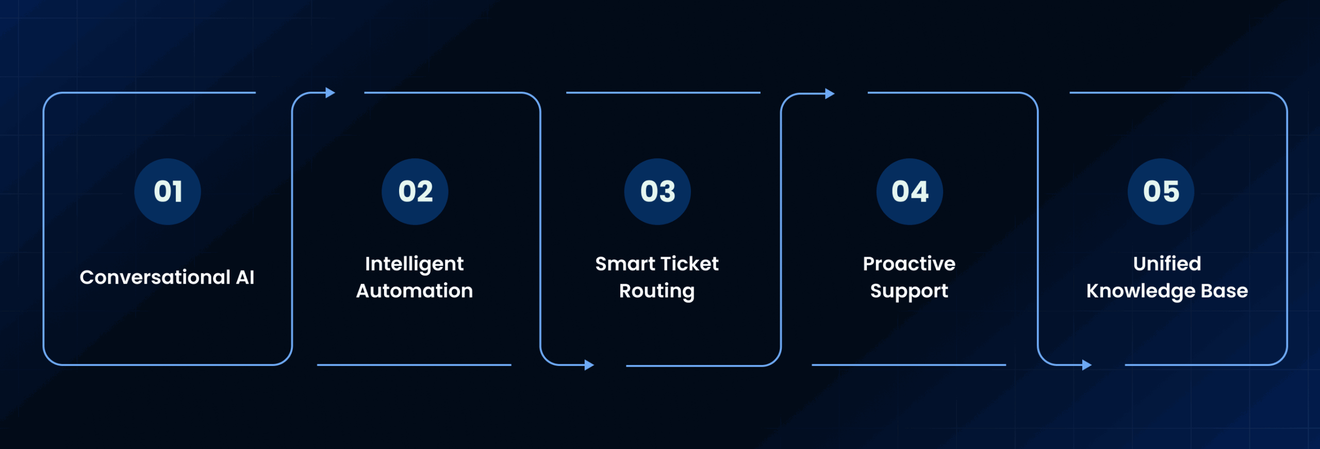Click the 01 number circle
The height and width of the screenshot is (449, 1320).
pyautogui.click(x=168, y=192)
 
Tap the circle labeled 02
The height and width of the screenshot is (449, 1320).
pyautogui.click(x=415, y=192)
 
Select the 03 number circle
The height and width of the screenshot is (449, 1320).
pyautogui.click(x=657, y=192)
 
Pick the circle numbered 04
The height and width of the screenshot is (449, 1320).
pyautogui.click(x=910, y=192)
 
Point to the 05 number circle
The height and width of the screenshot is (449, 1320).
pyautogui.click(x=1161, y=192)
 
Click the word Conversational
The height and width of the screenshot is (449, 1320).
pyautogui.click(x=155, y=277)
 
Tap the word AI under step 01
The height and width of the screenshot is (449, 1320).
pyautogui.click(x=245, y=277)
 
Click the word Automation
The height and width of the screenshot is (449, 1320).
pyautogui.click(x=415, y=291)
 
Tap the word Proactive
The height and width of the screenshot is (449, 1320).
pyautogui.click(x=909, y=264)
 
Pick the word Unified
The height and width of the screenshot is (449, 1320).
pyautogui.click(x=1167, y=264)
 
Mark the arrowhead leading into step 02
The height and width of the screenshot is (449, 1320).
pyautogui.click(x=331, y=93)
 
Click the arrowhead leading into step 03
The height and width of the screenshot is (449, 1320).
pyautogui.click(x=589, y=365)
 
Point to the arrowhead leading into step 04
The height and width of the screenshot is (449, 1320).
pyautogui.click(x=830, y=93)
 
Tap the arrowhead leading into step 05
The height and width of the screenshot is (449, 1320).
pyautogui.click(x=1087, y=365)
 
